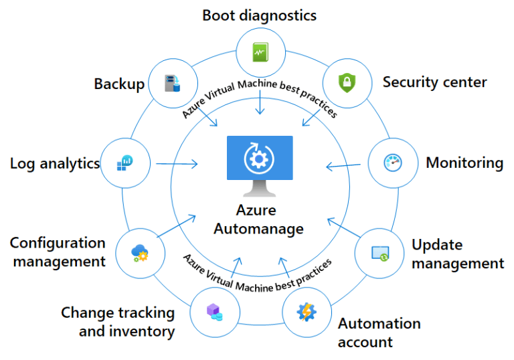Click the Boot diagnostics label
(x=260, y=15)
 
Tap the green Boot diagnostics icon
(x=260, y=52)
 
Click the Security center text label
(x=434, y=82)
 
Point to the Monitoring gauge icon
(x=392, y=163)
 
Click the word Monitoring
(x=464, y=163)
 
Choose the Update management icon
(x=380, y=253)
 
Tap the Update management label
(x=458, y=254)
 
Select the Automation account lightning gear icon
(x=306, y=311)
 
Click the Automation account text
(x=379, y=333)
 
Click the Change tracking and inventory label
(x=118, y=322)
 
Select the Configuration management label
(x=58, y=252)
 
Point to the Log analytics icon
(x=124, y=163)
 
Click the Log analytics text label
(x=54, y=163)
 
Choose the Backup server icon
(x=173, y=83)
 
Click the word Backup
(x=119, y=84)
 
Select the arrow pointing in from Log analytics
(x=177, y=163)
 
